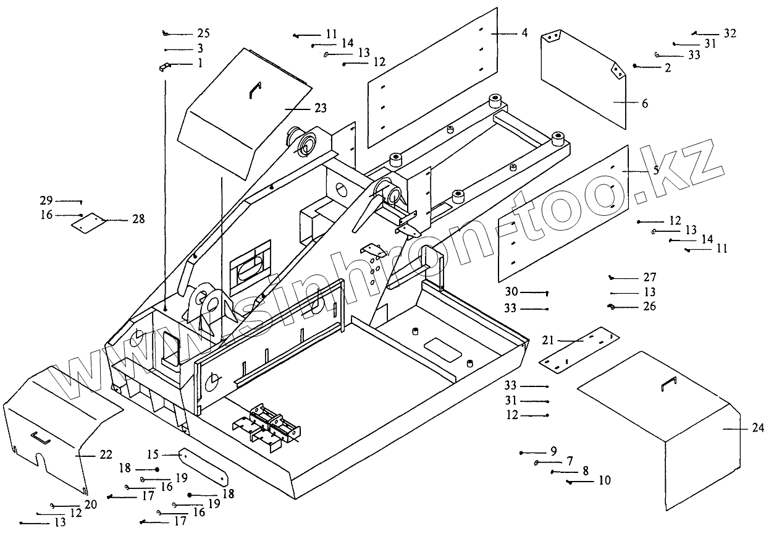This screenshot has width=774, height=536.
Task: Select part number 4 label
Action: click(524, 33)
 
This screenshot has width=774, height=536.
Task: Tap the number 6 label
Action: click(645, 104)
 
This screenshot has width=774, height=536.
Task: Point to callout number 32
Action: click(730, 33)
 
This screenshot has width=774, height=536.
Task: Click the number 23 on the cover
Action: click(320, 108)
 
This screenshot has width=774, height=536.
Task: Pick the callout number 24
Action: click(759, 428)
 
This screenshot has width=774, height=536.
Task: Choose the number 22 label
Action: click(106, 454)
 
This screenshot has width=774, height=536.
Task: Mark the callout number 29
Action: click(47, 200)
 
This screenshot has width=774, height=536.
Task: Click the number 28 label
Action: click(138, 219)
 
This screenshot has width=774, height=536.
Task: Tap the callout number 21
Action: click(549, 340)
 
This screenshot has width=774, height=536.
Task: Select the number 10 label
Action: click(605, 480)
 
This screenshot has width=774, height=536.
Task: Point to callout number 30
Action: click(511, 292)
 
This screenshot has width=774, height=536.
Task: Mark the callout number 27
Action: click(649, 278)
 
